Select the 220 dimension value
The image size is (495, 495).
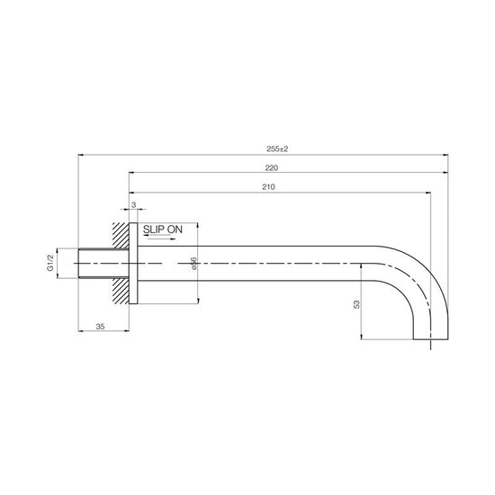click(x=271, y=167)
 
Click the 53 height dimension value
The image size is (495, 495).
click(x=356, y=303)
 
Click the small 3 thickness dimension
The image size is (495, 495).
click(x=134, y=206)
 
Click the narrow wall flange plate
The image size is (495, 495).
click(x=135, y=263)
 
